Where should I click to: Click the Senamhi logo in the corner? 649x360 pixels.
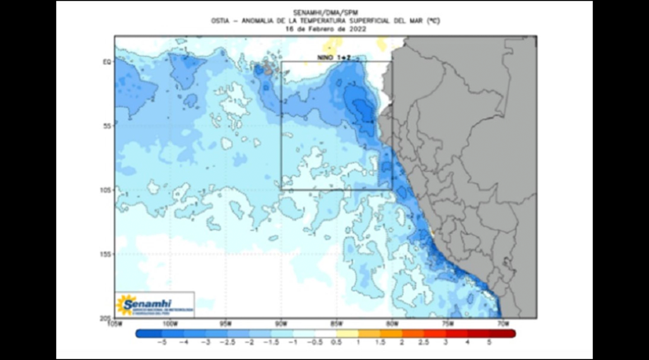pos(155,305)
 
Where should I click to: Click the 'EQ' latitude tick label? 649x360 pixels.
pos(107,62)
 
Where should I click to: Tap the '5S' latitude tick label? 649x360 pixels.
pos(107,126)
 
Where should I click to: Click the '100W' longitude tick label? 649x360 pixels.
pos(170,323)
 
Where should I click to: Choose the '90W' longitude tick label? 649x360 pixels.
pos(281,323)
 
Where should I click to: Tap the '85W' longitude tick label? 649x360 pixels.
pos(336,323)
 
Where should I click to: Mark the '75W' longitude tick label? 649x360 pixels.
pos(447,323)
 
